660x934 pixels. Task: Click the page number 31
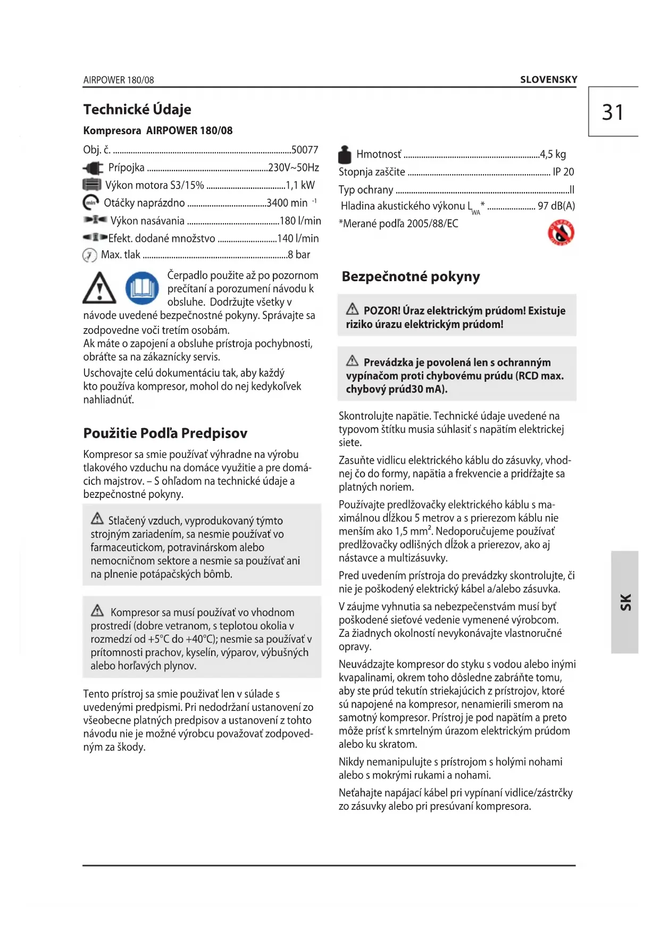click(x=613, y=112)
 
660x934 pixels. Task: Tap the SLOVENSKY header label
click(x=548, y=80)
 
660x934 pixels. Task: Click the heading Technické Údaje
click(x=137, y=109)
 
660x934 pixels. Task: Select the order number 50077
click(x=305, y=150)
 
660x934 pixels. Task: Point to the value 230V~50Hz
click(x=294, y=168)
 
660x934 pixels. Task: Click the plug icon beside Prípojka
click(x=94, y=168)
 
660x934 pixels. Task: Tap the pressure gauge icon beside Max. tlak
click(x=89, y=255)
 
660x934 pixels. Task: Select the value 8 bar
click(x=299, y=255)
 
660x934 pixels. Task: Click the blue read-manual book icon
click(x=142, y=288)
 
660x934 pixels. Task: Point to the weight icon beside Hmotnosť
click(x=345, y=154)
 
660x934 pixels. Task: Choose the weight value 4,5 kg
click(x=553, y=154)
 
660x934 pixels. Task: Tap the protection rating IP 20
click(x=563, y=172)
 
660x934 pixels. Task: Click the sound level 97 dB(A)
click(x=556, y=206)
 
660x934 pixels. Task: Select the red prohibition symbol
click(x=561, y=233)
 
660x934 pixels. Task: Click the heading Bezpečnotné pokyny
click(x=411, y=276)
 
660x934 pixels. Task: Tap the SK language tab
click(x=625, y=602)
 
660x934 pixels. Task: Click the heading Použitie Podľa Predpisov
click(x=165, y=433)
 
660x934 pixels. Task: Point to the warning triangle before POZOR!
click(x=352, y=309)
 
